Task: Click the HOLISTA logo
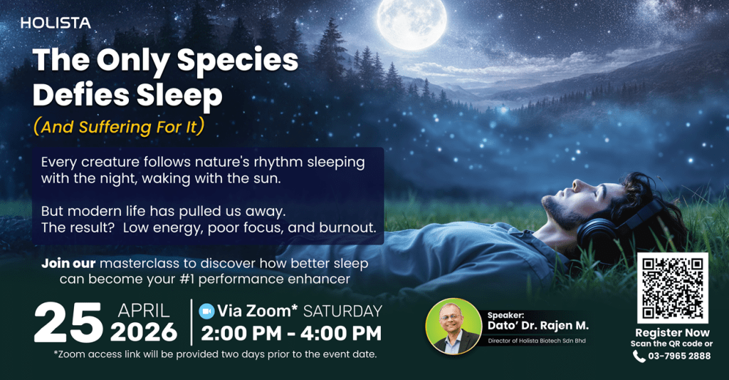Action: coord(56,23)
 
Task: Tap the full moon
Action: coord(412,24)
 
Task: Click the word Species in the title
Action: coord(238,61)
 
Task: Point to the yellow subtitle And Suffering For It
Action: coord(119,127)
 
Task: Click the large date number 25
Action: coord(68,323)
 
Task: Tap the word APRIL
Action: coord(144,311)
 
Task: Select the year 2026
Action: coord(144,332)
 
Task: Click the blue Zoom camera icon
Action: coord(206,311)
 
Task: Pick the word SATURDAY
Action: coord(342,311)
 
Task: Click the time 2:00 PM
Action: coord(241,334)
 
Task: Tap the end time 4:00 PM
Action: coord(341,334)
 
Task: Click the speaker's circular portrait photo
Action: coord(453,327)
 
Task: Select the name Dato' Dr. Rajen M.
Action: coord(538,326)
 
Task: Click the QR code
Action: coord(672,288)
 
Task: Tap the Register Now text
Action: coord(672,332)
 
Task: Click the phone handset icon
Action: coord(639,356)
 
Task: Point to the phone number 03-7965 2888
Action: coord(679,356)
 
